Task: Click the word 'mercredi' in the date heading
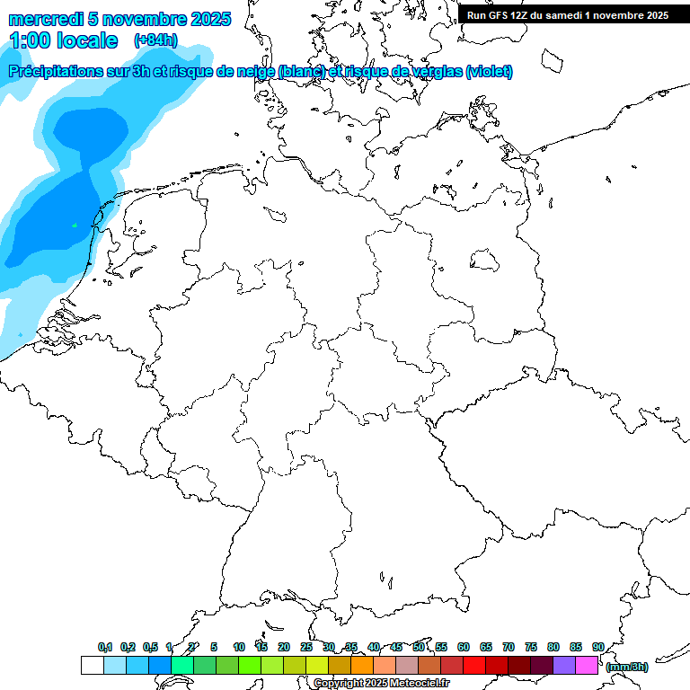(x=42, y=19)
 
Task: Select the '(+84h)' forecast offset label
(x=155, y=40)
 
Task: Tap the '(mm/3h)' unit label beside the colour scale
(x=627, y=667)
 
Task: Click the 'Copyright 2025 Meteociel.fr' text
(x=382, y=684)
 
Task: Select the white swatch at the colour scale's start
(x=92, y=666)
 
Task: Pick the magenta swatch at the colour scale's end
(x=587, y=666)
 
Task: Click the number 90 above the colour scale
(x=597, y=647)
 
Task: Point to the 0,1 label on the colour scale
(x=105, y=647)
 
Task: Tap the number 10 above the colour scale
(x=239, y=647)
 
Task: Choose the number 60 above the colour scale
(x=464, y=647)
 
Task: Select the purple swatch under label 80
(x=564, y=666)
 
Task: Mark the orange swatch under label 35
(x=362, y=666)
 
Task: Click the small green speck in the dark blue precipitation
(x=75, y=225)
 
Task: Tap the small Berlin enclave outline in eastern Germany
(x=485, y=261)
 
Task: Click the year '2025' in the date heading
(x=209, y=19)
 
